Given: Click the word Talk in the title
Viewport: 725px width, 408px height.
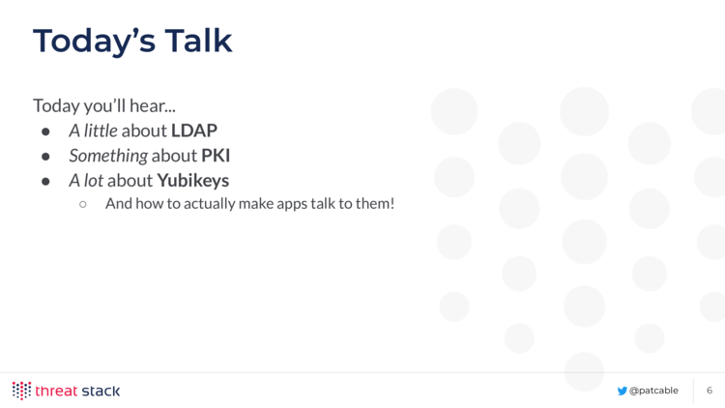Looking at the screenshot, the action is click(x=198, y=41).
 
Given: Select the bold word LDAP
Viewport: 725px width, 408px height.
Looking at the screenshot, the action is click(x=194, y=131).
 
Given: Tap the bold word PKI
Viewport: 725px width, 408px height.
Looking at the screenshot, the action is click(x=216, y=156).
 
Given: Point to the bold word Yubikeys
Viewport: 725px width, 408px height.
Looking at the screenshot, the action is click(x=192, y=181).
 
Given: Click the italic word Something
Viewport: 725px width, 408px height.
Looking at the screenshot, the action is click(x=108, y=156).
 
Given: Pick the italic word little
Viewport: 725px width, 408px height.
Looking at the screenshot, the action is click(x=101, y=131).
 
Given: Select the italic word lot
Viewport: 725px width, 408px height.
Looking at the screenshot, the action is click(x=94, y=181).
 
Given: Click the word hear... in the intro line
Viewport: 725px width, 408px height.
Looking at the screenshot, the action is click(x=153, y=106).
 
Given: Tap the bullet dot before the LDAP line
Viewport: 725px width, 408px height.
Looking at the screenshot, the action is click(x=45, y=131).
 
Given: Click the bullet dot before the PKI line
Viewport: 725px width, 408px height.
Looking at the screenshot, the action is click(x=45, y=157).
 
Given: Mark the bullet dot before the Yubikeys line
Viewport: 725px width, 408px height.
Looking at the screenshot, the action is click(x=45, y=182).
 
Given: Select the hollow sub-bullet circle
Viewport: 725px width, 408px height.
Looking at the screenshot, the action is click(x=83, y=204).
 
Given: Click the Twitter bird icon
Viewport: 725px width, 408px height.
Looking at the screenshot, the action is click(x=622, y=391).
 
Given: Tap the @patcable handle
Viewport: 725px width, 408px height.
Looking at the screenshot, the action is click(x=653, y=391).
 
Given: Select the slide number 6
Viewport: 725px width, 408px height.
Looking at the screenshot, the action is click(x=710, y=391).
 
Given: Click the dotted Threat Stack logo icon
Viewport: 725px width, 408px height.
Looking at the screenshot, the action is click(x=21, y=391).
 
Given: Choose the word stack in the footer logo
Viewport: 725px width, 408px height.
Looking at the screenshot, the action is click(x=101, y=391).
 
